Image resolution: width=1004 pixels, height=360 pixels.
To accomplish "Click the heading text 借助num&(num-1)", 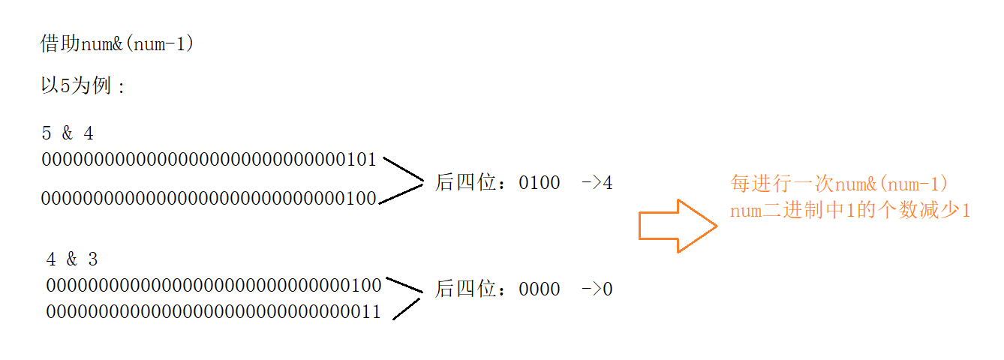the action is (x=117, y=45).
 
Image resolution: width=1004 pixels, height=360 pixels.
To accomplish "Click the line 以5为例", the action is (x=83, y=86).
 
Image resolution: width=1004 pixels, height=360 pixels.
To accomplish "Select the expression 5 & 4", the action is (x=68, y=133).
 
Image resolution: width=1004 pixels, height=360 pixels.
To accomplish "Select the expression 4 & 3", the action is (x=72, y=259).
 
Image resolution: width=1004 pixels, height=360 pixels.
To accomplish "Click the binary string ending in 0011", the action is (x=214, y=312).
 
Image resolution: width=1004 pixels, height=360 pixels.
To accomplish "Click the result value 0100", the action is (x=539, y=182).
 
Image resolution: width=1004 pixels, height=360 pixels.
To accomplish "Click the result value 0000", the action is (x=539, y=289).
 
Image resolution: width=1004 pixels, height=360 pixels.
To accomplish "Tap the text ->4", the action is (x=597, y=182).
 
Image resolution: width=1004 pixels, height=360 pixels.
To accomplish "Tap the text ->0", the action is (x=597, y=289).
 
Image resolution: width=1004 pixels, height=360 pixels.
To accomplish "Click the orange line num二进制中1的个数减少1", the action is (x=850, y=211).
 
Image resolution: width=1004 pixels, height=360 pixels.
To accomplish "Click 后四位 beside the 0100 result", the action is (x=468, y=182).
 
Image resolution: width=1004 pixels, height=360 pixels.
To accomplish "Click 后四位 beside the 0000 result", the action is (x=468, y=289).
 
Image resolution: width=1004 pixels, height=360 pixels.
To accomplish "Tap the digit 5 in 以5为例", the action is (x=65, y=86).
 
